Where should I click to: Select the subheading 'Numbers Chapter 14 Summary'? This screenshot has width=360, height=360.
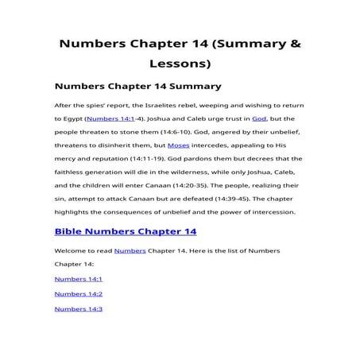pos(137,85)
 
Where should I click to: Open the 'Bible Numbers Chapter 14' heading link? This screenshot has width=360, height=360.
pos(125,231)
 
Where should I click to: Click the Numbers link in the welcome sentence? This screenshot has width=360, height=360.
pos(130,250)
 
